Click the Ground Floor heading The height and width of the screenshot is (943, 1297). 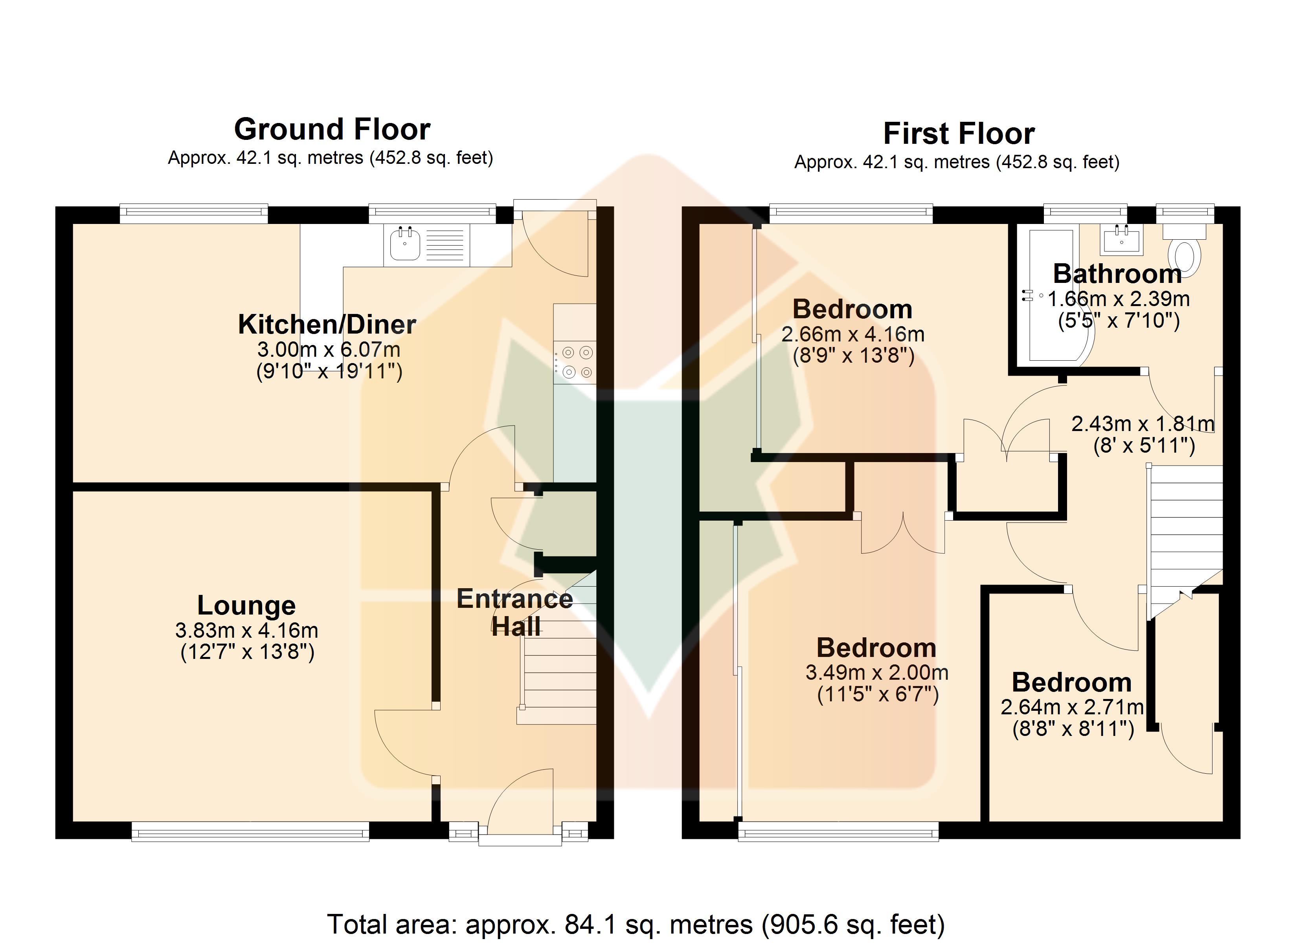coord(332,129)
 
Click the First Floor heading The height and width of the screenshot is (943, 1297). coord(959,134)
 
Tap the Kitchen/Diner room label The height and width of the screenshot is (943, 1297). coord(327,324)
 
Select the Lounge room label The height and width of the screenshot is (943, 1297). coord(246,605)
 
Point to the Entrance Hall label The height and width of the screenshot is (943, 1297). coord(515,613)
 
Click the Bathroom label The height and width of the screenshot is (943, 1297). coord(1117,274)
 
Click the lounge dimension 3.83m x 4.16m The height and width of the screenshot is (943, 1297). coord(246,630)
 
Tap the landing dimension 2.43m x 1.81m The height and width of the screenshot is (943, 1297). coord(1142,424)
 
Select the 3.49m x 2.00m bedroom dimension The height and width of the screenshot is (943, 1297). coord(877,673)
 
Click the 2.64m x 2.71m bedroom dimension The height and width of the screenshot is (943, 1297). coord(1072,707)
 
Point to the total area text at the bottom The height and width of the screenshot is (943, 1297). coord(636,924)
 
